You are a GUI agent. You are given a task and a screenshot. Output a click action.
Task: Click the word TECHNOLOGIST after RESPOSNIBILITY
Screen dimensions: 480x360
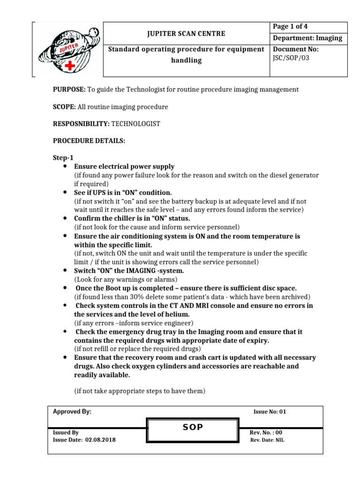pos(135,124)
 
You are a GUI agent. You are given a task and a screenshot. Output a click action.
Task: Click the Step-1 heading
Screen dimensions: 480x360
pos(63,158)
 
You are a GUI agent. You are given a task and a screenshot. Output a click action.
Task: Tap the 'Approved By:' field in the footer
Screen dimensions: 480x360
pos(72,412)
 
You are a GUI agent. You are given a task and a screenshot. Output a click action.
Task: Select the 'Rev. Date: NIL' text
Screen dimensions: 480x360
pos(267,440)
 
